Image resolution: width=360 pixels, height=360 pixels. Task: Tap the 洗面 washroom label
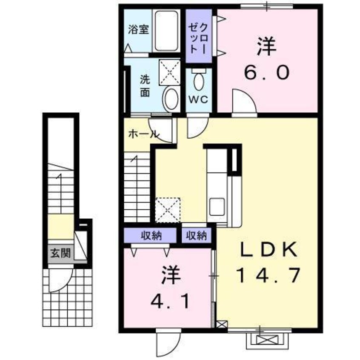tap(145, 86)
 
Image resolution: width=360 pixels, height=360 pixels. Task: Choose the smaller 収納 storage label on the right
tap(197, 235)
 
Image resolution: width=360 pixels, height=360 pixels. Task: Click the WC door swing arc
tap(196, 128)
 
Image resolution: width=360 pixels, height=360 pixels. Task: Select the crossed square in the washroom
tap(169, 72)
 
